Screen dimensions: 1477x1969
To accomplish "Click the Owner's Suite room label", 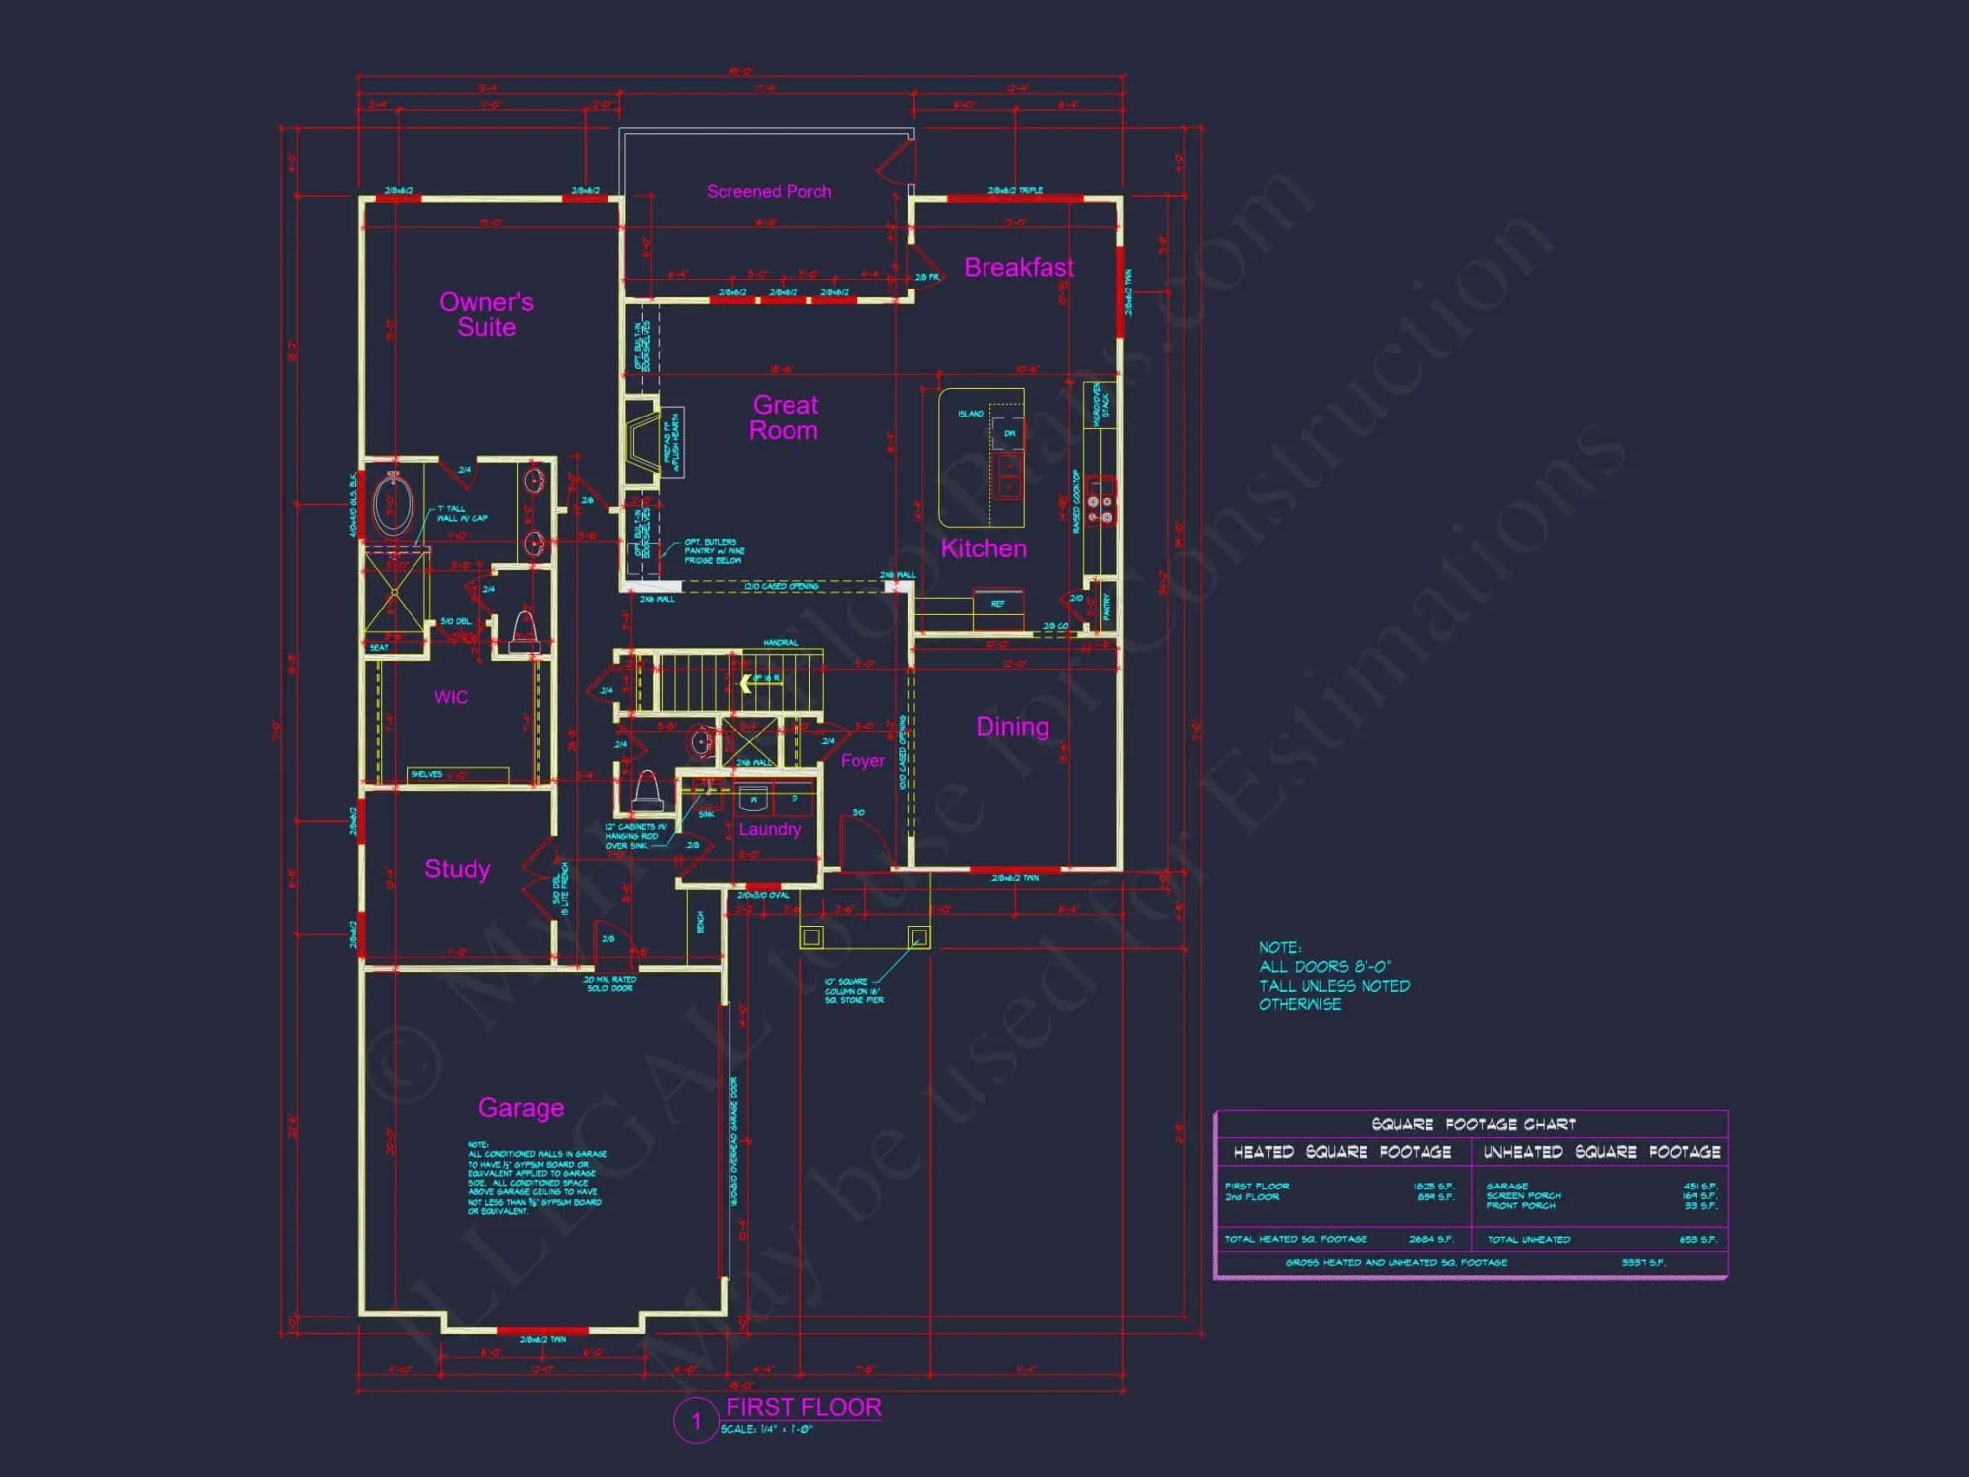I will (486, 315).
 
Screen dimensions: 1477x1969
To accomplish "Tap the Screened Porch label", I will (768, 192).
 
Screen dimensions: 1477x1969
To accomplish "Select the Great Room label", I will (784, 417).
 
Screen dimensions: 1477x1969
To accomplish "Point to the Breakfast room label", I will (1018, 268).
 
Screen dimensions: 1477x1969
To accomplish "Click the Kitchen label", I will (983, 549).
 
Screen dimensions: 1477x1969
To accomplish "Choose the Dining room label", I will (1012, 727).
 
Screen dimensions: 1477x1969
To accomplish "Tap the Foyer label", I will (862, 761).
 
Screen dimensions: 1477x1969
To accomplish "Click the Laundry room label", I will (770, 830).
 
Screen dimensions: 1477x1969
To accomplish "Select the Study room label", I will (457, 869).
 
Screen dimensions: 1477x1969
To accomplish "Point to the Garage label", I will (521, 1108).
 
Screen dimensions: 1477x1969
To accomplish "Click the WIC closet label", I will (451, 698).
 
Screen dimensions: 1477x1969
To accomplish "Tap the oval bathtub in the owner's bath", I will (393, 504).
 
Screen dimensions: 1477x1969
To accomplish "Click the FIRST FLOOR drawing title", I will (803, 1408).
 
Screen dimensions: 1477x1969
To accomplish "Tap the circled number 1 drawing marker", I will (695, 1421).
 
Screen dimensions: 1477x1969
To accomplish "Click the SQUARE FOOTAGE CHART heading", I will (1474, 1124).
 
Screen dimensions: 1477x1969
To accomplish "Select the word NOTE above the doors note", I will (1279, 947).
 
